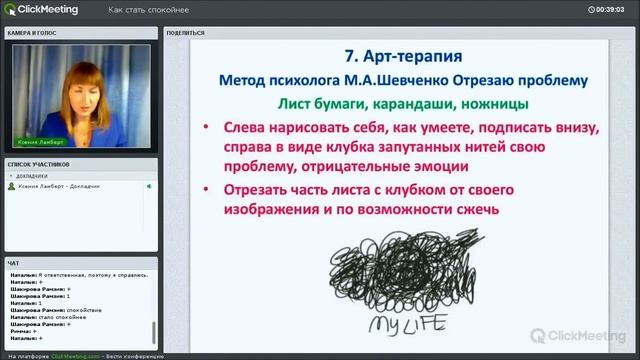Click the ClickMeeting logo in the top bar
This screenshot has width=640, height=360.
[38, 10]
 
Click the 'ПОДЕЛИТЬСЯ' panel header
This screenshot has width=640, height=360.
[185, 32]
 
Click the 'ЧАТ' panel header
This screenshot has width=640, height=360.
[13, 262]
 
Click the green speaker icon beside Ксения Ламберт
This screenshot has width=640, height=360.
[148, 186]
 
